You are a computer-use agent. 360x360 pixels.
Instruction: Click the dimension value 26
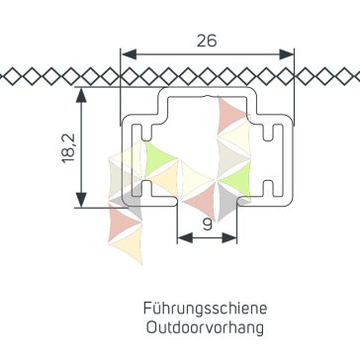point(207,41)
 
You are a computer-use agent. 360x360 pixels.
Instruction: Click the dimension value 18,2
point(69,148)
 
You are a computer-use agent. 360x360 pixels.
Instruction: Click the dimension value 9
point(207,225)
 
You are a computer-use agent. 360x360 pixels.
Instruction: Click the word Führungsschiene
point(205,309)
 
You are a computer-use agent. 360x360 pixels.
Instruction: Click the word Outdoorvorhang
point(205,327)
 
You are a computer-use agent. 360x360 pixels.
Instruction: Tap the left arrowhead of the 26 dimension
point(129,54)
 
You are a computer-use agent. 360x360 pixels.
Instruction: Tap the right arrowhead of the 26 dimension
point(286,54)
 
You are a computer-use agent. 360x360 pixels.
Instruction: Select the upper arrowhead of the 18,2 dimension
point(81,95)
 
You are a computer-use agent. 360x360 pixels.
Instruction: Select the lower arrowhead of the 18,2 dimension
point(81,200)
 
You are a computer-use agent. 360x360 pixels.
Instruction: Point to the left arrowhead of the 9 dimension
point(185,237)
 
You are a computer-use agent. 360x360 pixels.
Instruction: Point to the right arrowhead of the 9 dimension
point(229,237)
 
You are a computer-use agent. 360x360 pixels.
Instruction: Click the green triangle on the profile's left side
point(158,157)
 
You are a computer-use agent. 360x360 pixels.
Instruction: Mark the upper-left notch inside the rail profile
point(146,132)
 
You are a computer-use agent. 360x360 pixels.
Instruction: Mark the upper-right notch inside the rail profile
point(269,132)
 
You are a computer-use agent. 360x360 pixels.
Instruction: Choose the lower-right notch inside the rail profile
point(269,188)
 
